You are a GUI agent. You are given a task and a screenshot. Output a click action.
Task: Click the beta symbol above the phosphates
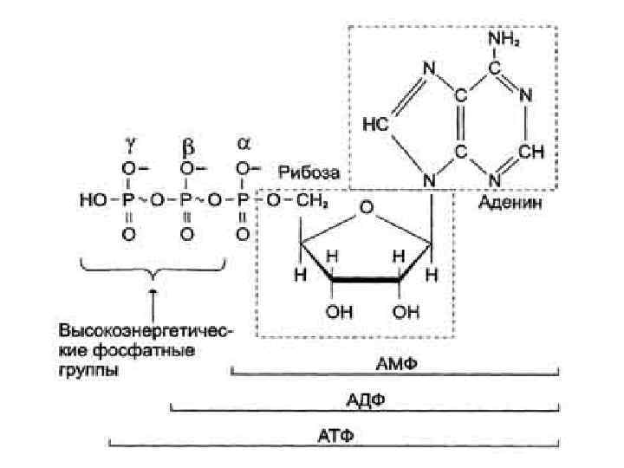(x=186, y=140)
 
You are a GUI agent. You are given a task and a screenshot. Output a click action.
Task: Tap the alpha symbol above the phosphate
(x=244, y=140)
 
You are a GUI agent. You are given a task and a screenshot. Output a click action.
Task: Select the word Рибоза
(x=309, y=173)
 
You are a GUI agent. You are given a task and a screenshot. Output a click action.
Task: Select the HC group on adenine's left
(x=370, y=126)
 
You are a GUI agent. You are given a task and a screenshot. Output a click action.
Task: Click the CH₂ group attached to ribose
(x=309, y=201)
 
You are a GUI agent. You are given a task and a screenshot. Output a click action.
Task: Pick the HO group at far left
(x=91, y=201)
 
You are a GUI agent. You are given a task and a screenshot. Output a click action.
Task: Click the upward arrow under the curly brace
(x=153, y=302)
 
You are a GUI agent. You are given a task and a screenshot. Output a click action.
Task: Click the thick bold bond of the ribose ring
(x=366, y=281)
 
